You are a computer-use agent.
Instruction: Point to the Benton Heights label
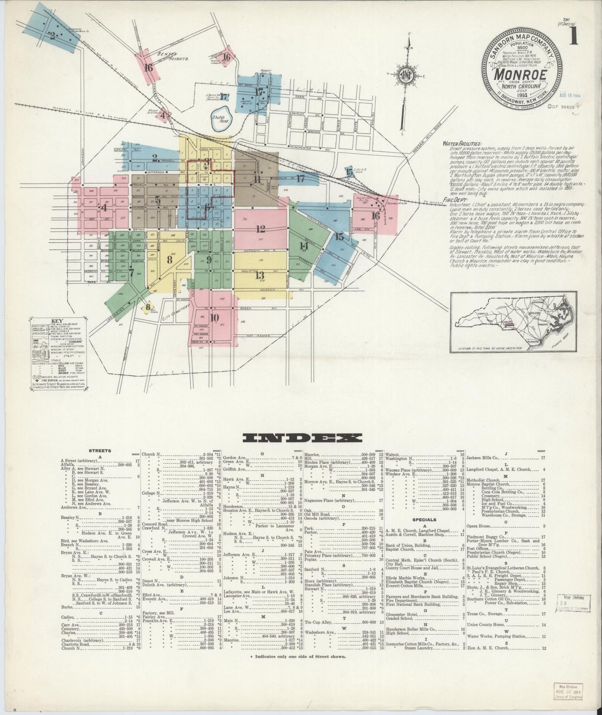(173, 56)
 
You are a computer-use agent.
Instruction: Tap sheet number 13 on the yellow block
(260, 275)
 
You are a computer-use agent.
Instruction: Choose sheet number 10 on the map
(214, 318)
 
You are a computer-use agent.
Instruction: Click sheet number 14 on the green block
(304, 246)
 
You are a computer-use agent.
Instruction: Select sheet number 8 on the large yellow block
(169, 259)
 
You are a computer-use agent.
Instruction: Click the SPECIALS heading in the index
(424, 520)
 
